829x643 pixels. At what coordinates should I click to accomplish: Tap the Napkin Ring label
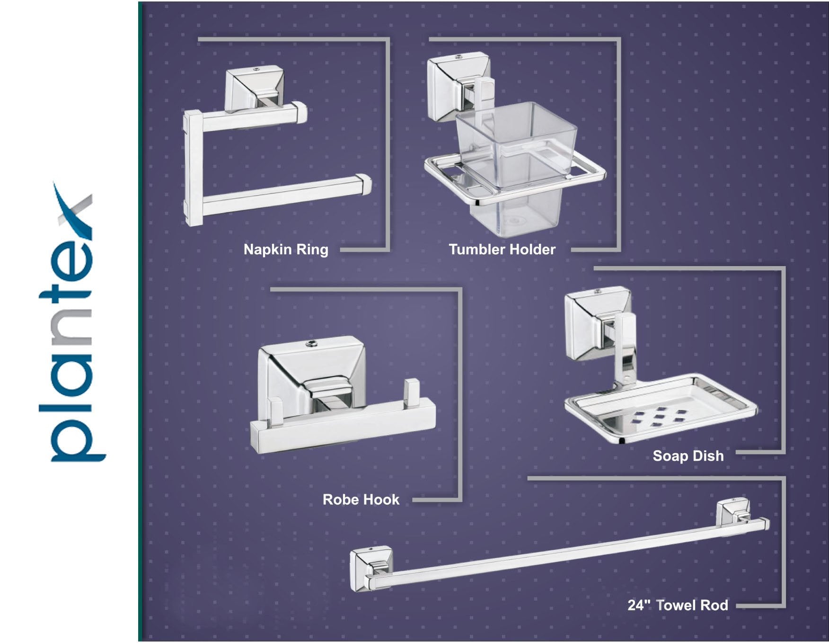(286, 250)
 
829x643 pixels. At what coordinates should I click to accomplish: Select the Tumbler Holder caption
(502, 250)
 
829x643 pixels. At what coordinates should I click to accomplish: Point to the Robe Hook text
(361, 500)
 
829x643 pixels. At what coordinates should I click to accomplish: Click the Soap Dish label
(688, 456)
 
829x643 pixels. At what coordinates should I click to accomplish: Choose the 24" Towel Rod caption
(678, 605)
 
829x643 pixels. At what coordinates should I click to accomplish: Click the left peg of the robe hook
(275, 410)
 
